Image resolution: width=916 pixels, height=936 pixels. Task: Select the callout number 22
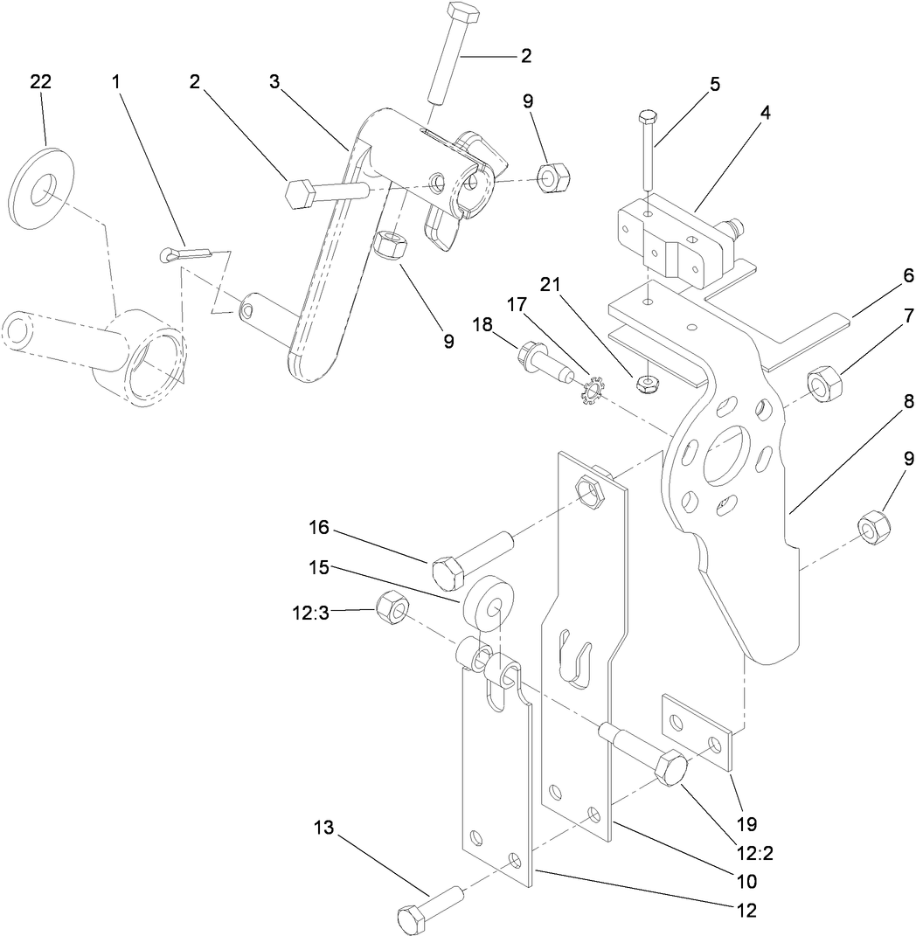click(x=40, y=81)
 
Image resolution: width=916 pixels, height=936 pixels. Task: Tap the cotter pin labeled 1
click(x=187, y=254)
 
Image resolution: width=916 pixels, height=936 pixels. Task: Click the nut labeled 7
click(x=824, y=384)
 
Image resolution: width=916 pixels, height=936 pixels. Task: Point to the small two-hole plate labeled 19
click(x=697, y=731)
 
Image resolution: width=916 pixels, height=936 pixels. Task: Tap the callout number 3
click(x=274, y=81)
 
